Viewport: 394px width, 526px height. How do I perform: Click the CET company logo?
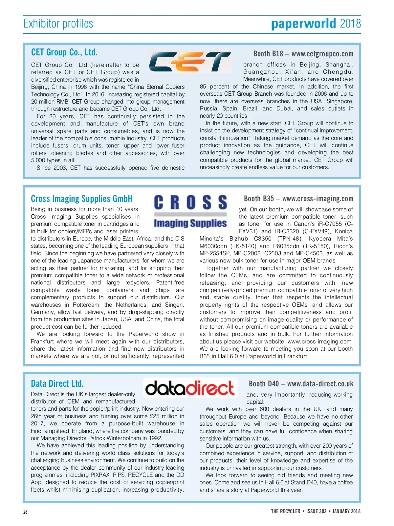pyautogui.click(x=190, y=62)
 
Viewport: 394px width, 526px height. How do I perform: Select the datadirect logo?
pyautogui.click(x=190, y=388)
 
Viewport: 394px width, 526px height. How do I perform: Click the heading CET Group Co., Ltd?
pyautogui.click(x=64, y=52)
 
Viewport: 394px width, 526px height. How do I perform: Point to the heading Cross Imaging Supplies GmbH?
pyautogui.click(x=82, y=199)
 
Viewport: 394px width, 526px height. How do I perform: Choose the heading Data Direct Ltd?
pyautogui.click(x=57, y=383)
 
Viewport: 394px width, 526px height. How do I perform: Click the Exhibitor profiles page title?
pyautogui.click(x=58, y=24)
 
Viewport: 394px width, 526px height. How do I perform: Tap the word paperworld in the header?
pyautogui.click(x=303, y=24)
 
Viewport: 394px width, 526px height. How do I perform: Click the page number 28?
pyautogui.click(x=25, y=512)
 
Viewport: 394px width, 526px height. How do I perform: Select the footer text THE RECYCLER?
pyautogui.click(x=285, y=511)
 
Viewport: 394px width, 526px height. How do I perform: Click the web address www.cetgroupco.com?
pyautogui.click(x=322, y=54)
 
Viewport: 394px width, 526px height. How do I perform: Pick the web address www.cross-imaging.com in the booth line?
pyautogui.click(x=318, y=199)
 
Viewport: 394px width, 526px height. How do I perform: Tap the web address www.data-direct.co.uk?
pyautogui.click(x=320, y=384)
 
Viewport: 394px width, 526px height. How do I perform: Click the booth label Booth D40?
pyautogui.click(x=264, y=384)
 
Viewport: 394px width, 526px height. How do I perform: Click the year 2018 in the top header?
pyautogui.click(x=350, y=24)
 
